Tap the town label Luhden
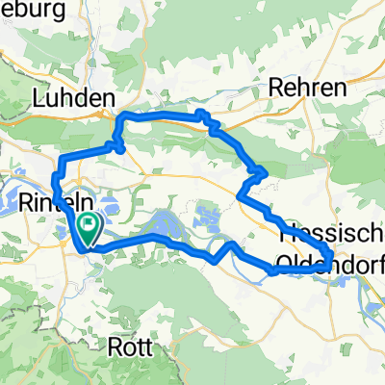[74, 98]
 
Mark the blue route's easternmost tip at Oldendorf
[332, 258]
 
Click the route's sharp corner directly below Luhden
[118, 147]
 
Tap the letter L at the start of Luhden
[38, 98]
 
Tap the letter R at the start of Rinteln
[24, 204]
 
